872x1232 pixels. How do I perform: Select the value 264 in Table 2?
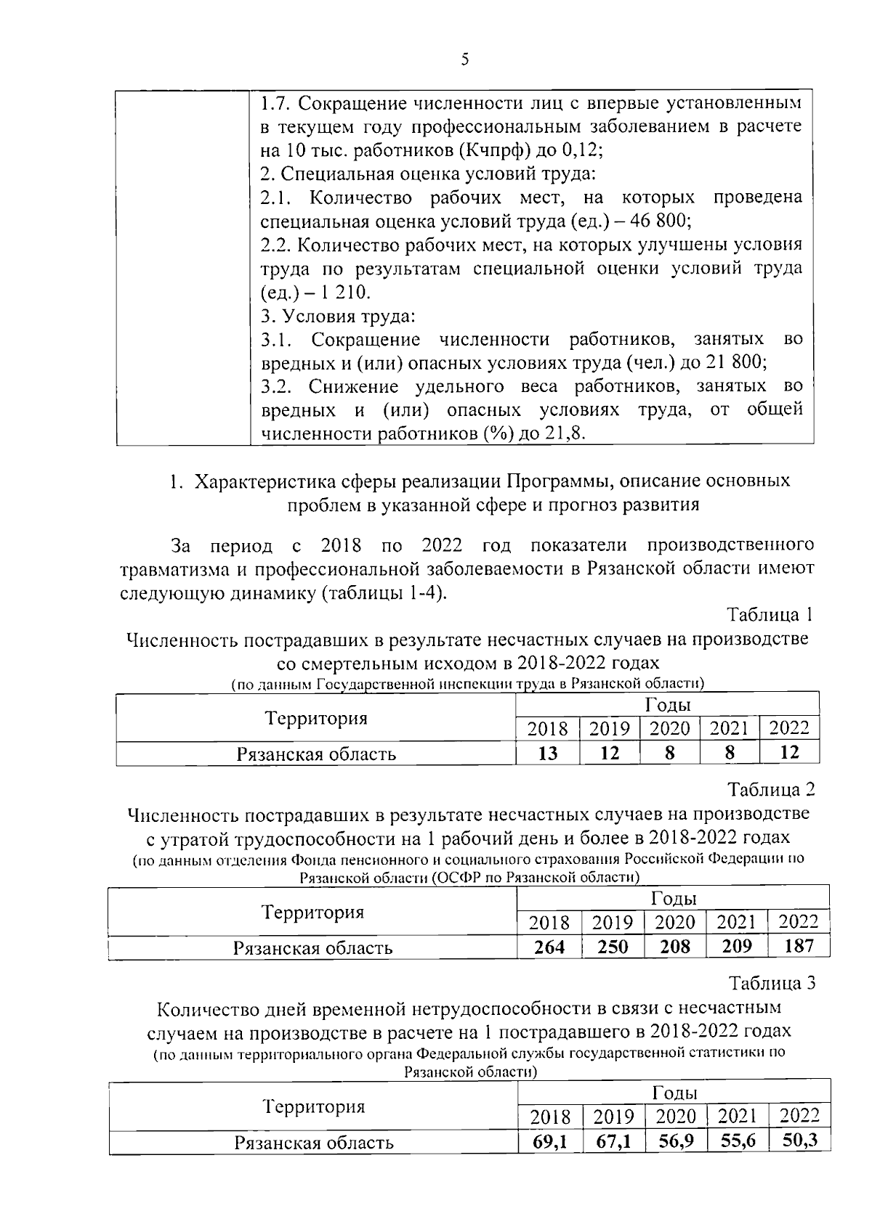tap(549, 947)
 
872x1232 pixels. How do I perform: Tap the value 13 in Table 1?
tap(547, 753)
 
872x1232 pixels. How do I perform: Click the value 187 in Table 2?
tap(798, 945)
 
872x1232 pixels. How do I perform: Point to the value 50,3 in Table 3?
tap(800, 1140)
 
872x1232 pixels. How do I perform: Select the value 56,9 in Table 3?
tap(676, 1141)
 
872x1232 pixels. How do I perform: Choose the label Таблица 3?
tap(772, 983)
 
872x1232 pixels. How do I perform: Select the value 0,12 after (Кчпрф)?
tap(582, 150)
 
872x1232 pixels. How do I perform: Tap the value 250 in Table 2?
tap(612, 947)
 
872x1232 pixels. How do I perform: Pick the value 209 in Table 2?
tap(736, 946)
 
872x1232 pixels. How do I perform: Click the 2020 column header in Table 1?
tap(669, 728)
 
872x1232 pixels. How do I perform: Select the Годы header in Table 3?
tap(675, 1093)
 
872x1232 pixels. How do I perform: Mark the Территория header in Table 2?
tap(312, 912)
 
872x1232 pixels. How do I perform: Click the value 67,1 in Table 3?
tap(613, 1142)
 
